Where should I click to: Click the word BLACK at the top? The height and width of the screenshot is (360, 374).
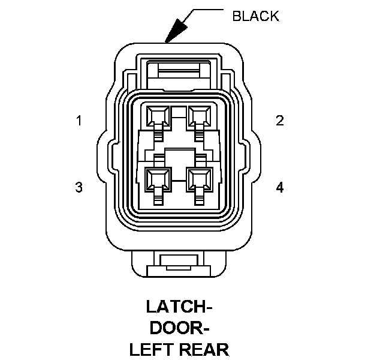(255, 16)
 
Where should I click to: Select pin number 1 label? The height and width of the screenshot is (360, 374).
(79, 121)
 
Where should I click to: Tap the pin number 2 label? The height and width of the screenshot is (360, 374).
(279, 121)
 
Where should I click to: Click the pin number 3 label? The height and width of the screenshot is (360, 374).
(79, 187)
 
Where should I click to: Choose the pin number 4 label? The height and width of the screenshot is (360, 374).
(279, 187)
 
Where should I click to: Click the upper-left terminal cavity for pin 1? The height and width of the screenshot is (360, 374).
(158, 115)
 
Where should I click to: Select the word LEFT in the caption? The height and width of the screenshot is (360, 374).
(150, 349)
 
